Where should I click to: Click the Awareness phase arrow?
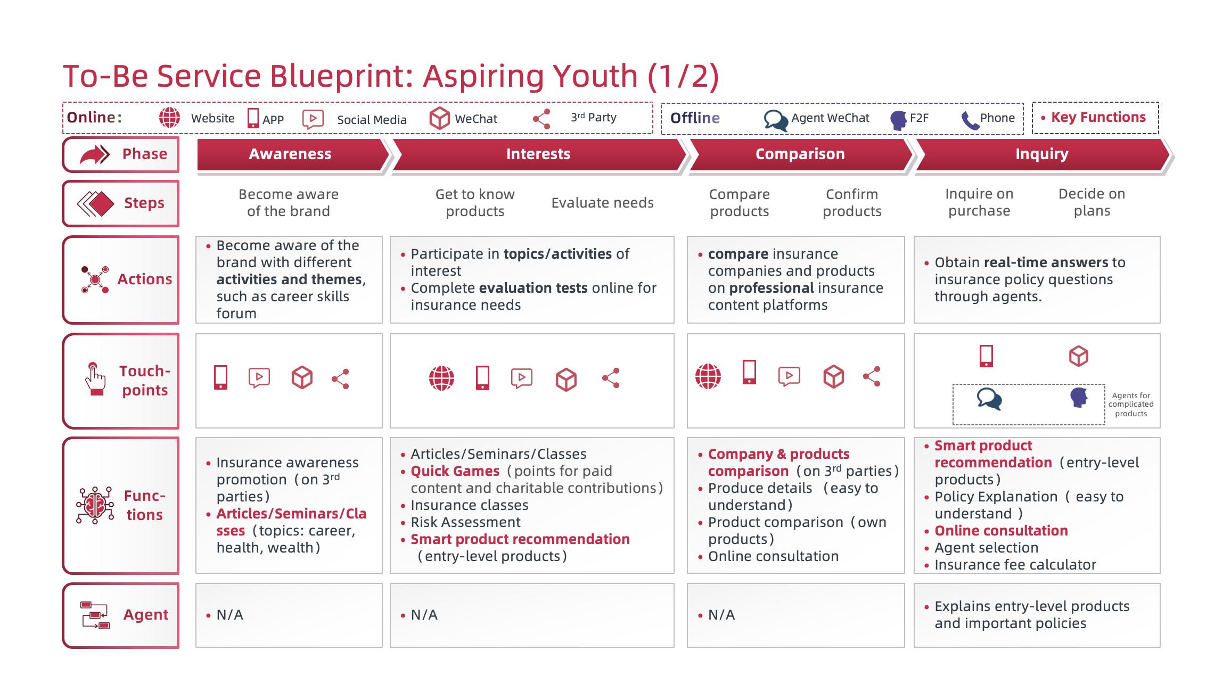(290, 154)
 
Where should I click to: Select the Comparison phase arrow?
(800, 154)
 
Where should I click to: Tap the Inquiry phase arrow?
(1041, 154)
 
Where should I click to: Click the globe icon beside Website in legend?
(170, 118)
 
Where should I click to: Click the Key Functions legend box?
(1095, 118)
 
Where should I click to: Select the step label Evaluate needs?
(602, 203)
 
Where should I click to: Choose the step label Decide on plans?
(1092, 202)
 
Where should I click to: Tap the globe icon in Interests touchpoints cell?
(441, 378)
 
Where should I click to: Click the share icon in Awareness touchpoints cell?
(341, 378)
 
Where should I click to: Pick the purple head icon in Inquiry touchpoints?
(1078, 398)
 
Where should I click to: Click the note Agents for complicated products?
(1131, 405)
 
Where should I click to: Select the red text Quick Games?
(455, 471)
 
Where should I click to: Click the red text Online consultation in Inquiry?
(1001, 531)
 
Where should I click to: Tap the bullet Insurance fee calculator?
(1015, 565)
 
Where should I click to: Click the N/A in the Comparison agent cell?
(721, 615)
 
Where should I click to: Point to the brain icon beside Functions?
(95, 505)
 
